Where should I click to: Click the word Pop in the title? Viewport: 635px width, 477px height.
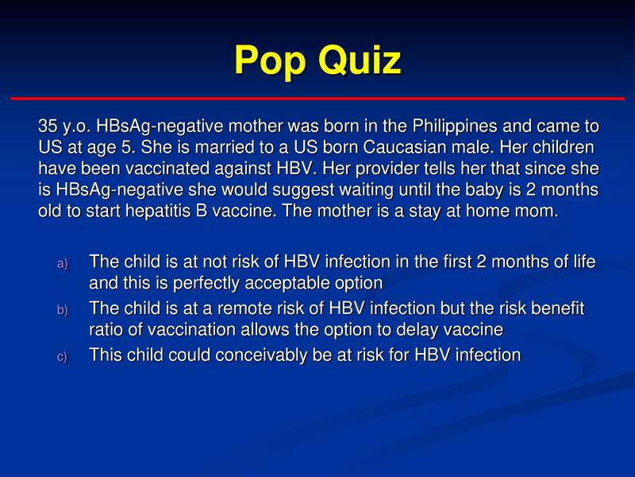click(x=271, y=60)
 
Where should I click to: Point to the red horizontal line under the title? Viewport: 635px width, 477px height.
click(x=317, y=98)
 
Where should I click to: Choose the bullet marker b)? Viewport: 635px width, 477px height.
click(x=63, y=309)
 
